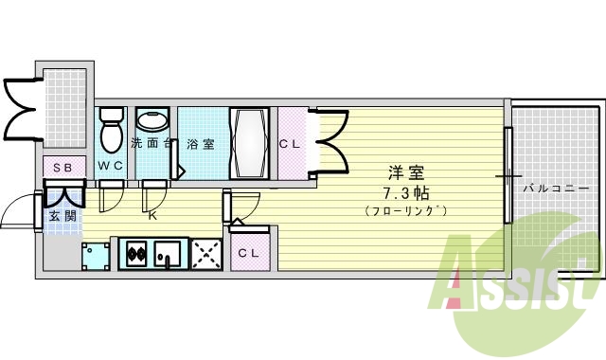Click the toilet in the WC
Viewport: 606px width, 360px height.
pyautogui.click(x=112, y=133)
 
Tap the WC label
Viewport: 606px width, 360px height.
pyautogui.click(x=112, y=167)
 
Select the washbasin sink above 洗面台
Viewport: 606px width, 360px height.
pyautogui.click(x=151, y=121)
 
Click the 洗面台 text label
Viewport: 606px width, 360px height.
pyautogui.click(x=151, y=144)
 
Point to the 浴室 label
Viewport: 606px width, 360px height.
pyautogui.click(x=201, y=144)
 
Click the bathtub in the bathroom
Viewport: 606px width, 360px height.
pyautogui.click(x=251, y=142)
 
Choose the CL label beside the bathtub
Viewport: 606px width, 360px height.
pyautogui.click(x=290, y=144)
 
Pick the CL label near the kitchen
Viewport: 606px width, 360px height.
pyautogui.click(x=249, y=253)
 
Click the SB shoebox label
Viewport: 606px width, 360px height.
pyautogui.click(x=62, y=168)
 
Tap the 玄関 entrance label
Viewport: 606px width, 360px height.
pyautogui.click(x=62, y=216)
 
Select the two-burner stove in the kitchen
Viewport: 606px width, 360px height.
pyautogui.click(x=135, y=254)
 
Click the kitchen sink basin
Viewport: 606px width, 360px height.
pyautogui.click(x=167, y=254)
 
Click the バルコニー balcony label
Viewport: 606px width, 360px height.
pyautogui.click(x=555, y=189)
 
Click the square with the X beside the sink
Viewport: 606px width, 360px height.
pyautogui.click(x=205, y=253)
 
